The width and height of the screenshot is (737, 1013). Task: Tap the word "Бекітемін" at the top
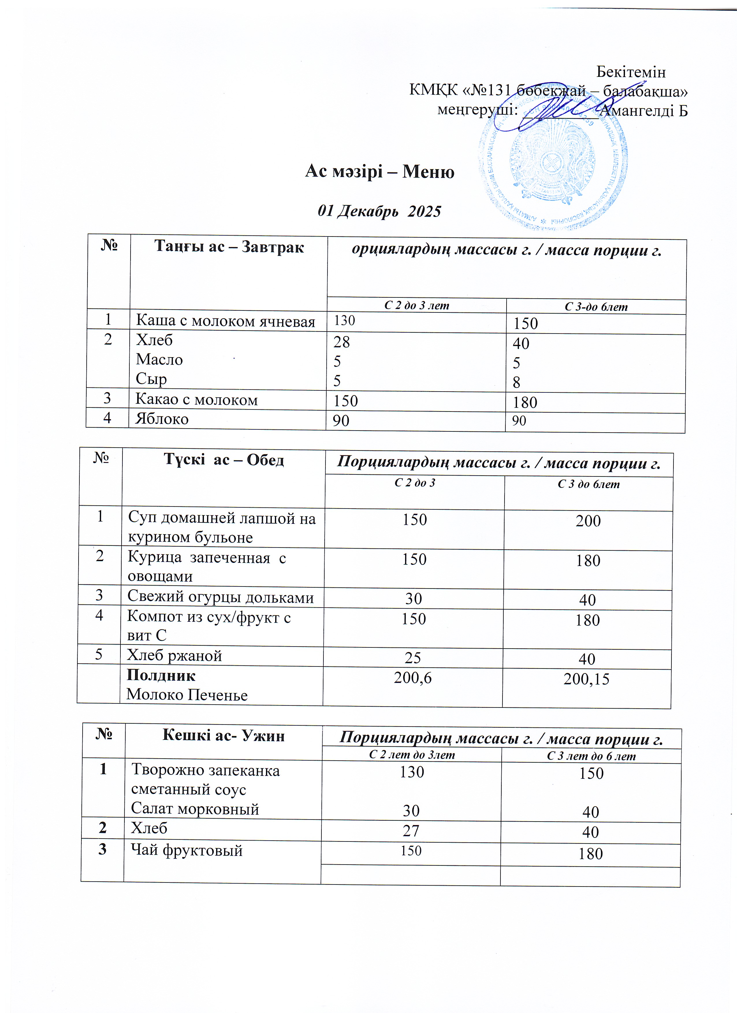[631, 72]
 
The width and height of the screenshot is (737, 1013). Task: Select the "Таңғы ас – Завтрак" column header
[229, 247]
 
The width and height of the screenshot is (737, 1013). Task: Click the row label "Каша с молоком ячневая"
[225, 321]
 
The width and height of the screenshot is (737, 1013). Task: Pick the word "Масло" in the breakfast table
[159, 360]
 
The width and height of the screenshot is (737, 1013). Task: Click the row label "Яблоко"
[162, 419]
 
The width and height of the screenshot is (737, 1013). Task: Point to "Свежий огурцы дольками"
[220, 597]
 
